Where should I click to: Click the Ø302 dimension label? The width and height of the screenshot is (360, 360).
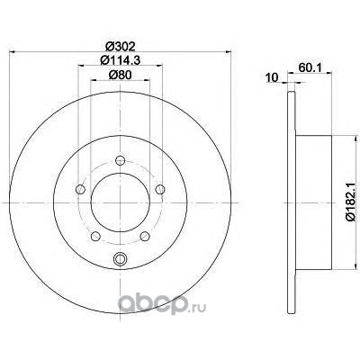pos(121,46)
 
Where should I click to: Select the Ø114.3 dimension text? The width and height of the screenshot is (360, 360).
pos(121,60)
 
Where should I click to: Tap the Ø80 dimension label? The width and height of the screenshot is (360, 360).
pos(120,75)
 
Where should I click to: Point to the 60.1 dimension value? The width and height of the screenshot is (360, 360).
pos(310,67)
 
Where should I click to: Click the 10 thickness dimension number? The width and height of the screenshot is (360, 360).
pos(273,78)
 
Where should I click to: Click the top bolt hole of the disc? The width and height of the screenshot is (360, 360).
pos(121,160)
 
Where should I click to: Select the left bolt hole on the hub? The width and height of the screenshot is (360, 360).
pos(80,189)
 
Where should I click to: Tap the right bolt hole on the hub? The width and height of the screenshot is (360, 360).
pos(160,189)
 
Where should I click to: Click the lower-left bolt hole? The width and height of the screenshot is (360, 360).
pos(95,236)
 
